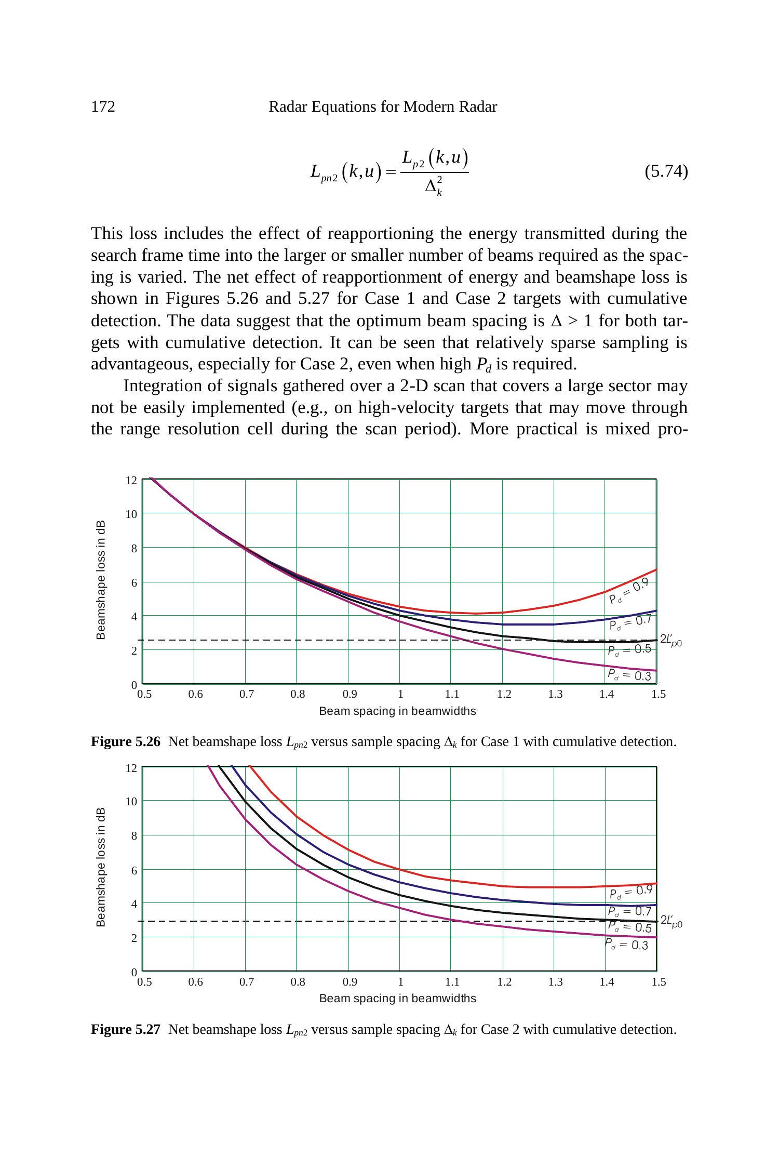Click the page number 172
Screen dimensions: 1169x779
[103, 107]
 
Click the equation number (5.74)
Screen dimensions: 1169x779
[666, 171]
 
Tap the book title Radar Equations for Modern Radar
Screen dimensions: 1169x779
[382, 107]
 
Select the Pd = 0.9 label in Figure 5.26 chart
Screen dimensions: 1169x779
[629, 591]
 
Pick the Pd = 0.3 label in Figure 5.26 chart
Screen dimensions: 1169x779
[629, 675]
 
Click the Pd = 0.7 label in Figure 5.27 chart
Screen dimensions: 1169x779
[629, 911]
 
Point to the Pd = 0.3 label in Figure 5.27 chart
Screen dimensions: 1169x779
[627, 944]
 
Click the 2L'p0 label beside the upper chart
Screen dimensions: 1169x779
[670, 641]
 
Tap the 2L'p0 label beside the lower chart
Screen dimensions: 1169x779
[671, 922]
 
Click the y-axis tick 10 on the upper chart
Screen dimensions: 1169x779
[131, 514]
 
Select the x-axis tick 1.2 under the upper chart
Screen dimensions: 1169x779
[504, 694]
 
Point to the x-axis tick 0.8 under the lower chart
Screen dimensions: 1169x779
[298, 982]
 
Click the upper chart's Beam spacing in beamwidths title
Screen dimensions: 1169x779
[397, 711]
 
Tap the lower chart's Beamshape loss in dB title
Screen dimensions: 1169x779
[101, 867]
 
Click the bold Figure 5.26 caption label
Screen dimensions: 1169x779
[126, 742]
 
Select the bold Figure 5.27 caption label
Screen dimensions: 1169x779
[126, 1030]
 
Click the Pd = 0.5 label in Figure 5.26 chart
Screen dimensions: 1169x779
[629, 649]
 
